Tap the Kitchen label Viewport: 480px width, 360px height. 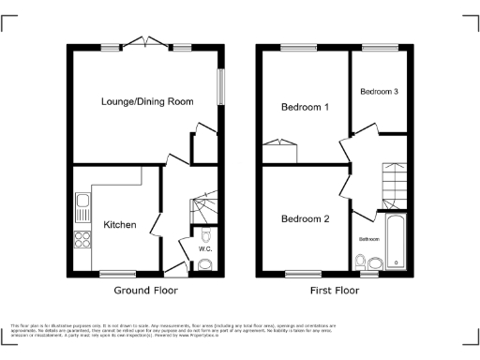tap(120, 225)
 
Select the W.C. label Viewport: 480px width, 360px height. tap(205, 248)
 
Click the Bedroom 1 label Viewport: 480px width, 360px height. tap(306, 108)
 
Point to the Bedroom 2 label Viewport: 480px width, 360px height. tap(306, 219)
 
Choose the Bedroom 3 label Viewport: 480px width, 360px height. tap(380, 92)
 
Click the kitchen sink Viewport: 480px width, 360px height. tap(82, 202)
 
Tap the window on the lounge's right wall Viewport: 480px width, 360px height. tap(222, 90)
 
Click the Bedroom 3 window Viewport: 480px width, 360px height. tap(379, 47)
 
